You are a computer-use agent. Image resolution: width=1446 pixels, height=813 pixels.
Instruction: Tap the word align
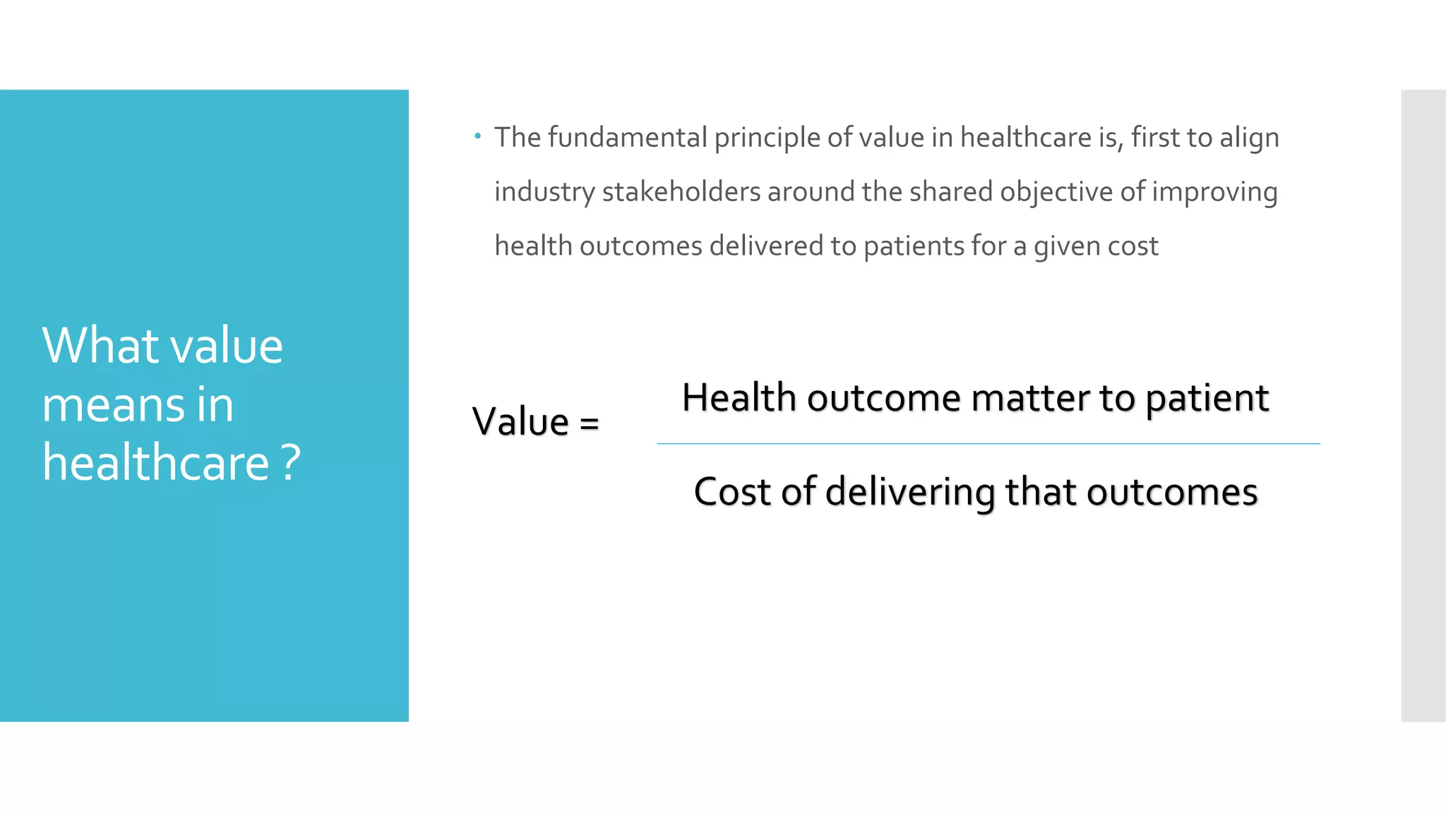[1249, 138]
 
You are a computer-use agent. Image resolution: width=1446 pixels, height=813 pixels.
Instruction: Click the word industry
[544, 193]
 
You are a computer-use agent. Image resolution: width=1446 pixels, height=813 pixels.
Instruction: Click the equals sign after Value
[589, 423]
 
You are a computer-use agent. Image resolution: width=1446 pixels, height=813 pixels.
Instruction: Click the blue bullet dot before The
[478, 135]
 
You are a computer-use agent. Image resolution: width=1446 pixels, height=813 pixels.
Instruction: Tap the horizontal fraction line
[988, 444]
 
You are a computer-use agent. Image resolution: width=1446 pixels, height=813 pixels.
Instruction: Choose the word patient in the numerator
[1207, 399]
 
